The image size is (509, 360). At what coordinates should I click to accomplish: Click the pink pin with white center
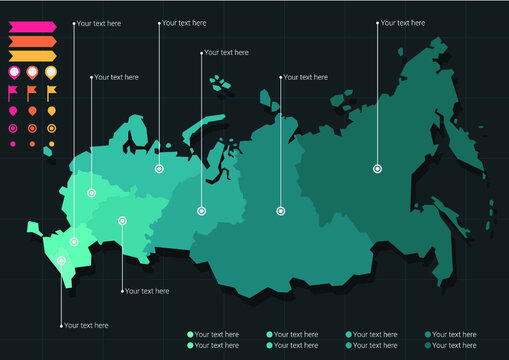pyautogui.click(x=13, y=72)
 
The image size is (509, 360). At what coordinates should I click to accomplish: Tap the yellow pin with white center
pyautogui.click(x=51, y=72)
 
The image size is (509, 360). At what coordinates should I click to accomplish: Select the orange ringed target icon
pyautogui.click(x=32, y=127)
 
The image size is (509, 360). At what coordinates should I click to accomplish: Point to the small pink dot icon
pyautogui.click(x=13, y=144)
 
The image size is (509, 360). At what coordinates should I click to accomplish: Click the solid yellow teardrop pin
pyautogui.click(x=51, y=110)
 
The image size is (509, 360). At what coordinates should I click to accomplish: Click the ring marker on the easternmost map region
pyautogui.click(x=377, y=169)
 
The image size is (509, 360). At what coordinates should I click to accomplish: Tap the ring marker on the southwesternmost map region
pyautogui.click(x=62, y=260)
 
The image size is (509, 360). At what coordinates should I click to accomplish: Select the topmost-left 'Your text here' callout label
pyautogui.click(x=99, y=23)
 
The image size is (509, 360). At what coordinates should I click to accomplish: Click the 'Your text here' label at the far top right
pyautogui.click(x=403, y=22)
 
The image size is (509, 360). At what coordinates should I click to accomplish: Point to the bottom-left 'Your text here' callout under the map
pyautogui.click(x=86, y=326)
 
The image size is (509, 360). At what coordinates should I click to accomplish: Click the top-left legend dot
pyautogui.click(x=189, y=334)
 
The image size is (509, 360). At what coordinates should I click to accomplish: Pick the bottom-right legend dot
pyautogui.click(x=428, y=345)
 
